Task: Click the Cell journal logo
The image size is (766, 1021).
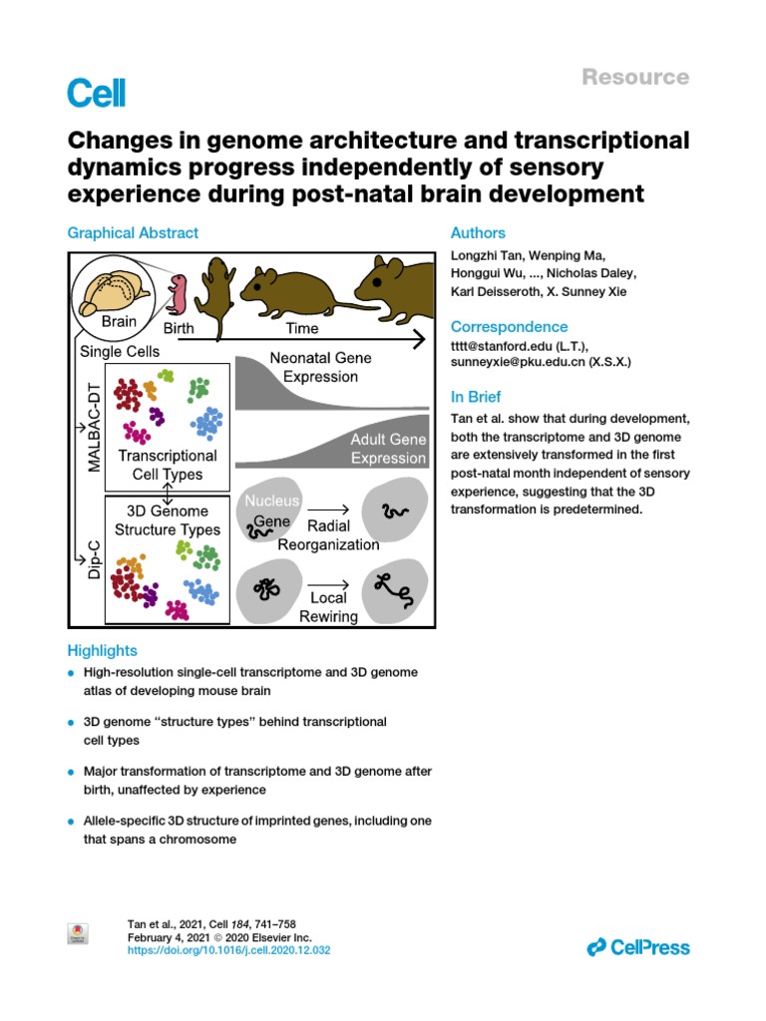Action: [97, 93]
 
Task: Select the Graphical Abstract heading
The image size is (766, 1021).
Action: [133, 233]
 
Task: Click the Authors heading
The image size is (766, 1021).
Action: [478, 233]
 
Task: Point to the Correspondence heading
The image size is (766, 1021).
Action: [509, 327]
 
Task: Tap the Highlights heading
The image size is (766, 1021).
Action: [102, 650]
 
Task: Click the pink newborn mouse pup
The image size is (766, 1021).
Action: [179, 294]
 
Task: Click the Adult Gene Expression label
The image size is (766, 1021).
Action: [388, 449]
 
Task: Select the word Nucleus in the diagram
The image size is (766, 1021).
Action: [270, 500]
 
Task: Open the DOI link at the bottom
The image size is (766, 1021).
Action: [229, 951]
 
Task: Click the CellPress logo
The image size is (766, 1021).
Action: [639, 947]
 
